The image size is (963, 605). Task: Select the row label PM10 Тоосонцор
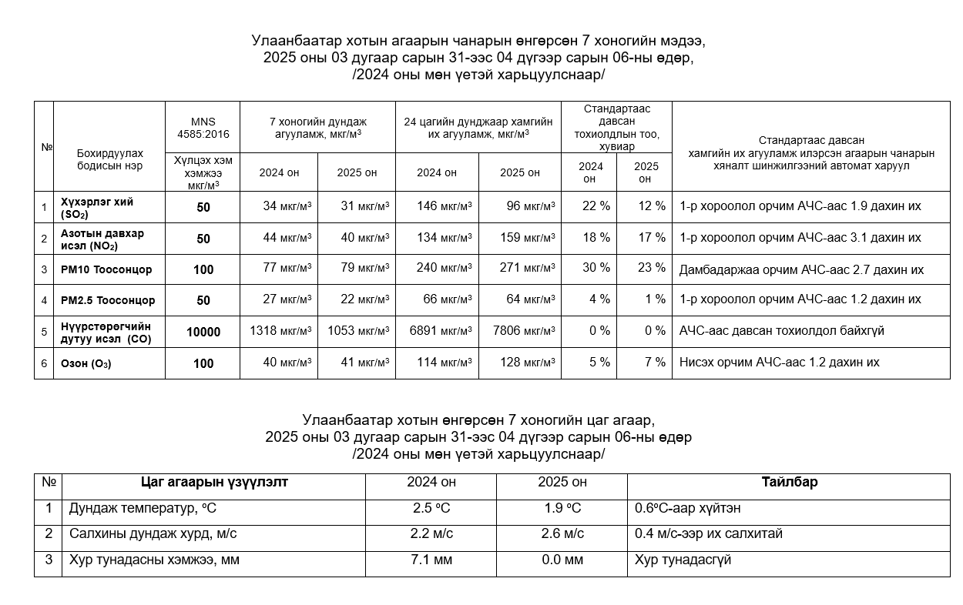(x=106, y=269)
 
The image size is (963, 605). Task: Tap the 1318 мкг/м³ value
(x=280, y=331)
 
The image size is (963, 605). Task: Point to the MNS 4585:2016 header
(x=203, y=127)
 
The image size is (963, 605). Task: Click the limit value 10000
(x=203, y=332)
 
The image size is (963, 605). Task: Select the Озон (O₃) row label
(x=86, y=363)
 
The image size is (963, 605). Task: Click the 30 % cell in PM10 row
(x=595, y=268)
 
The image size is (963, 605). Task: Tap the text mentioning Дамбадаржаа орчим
(x=801, y=269)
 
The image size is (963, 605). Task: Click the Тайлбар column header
(x=789, y=483)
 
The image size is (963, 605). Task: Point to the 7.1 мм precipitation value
(x=431, y=560)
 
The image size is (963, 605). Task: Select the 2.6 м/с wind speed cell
(x=562, y=533)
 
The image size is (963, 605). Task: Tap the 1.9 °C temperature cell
(x=562, y=508)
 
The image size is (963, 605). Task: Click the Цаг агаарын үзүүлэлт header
(x=214, y=483)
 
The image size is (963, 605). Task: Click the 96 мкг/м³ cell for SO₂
(x=526, y=207)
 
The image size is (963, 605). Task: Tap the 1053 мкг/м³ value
(x=357, y=331)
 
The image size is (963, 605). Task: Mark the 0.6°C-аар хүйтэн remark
(x=688, y=508)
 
